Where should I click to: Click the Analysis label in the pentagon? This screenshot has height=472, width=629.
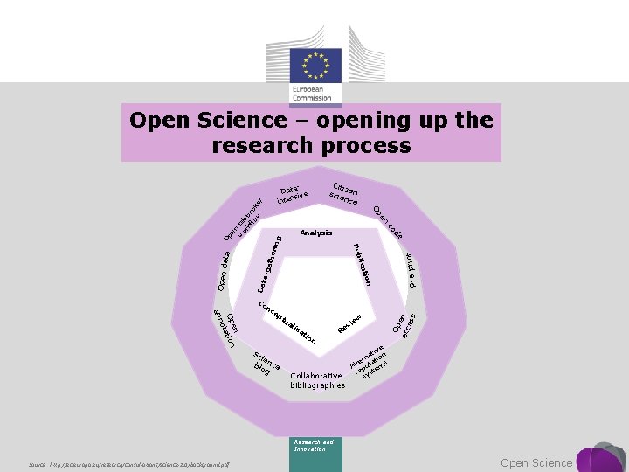tap(315, 233)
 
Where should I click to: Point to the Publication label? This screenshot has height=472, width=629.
tap(363, 264)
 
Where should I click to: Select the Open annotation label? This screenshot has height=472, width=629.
tap(226, 328)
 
